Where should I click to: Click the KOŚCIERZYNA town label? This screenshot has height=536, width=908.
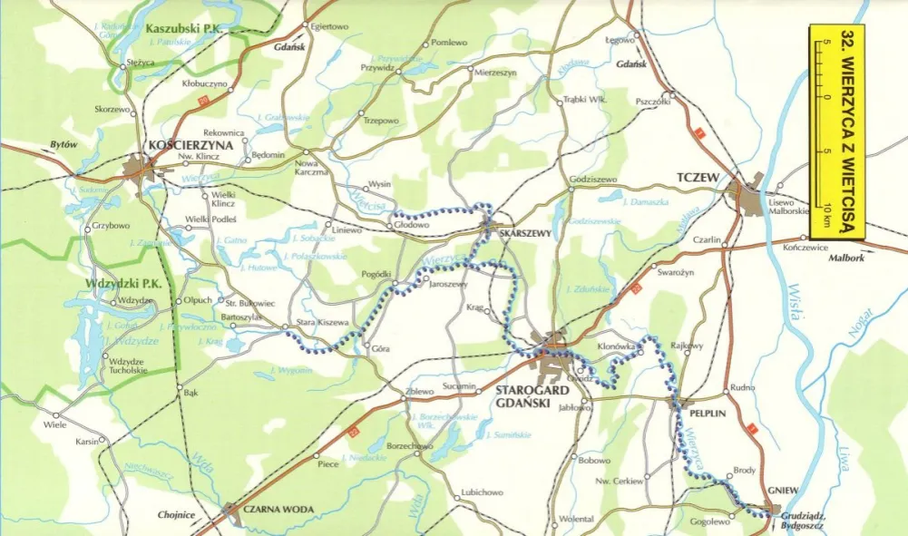coord(191,145)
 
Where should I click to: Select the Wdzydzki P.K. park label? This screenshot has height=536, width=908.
coord(122,282)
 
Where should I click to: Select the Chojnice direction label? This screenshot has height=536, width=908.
coord(176,515)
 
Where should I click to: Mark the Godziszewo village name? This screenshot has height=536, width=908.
coord(593,180)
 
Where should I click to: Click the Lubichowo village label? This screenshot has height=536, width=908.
coord(482,492)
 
